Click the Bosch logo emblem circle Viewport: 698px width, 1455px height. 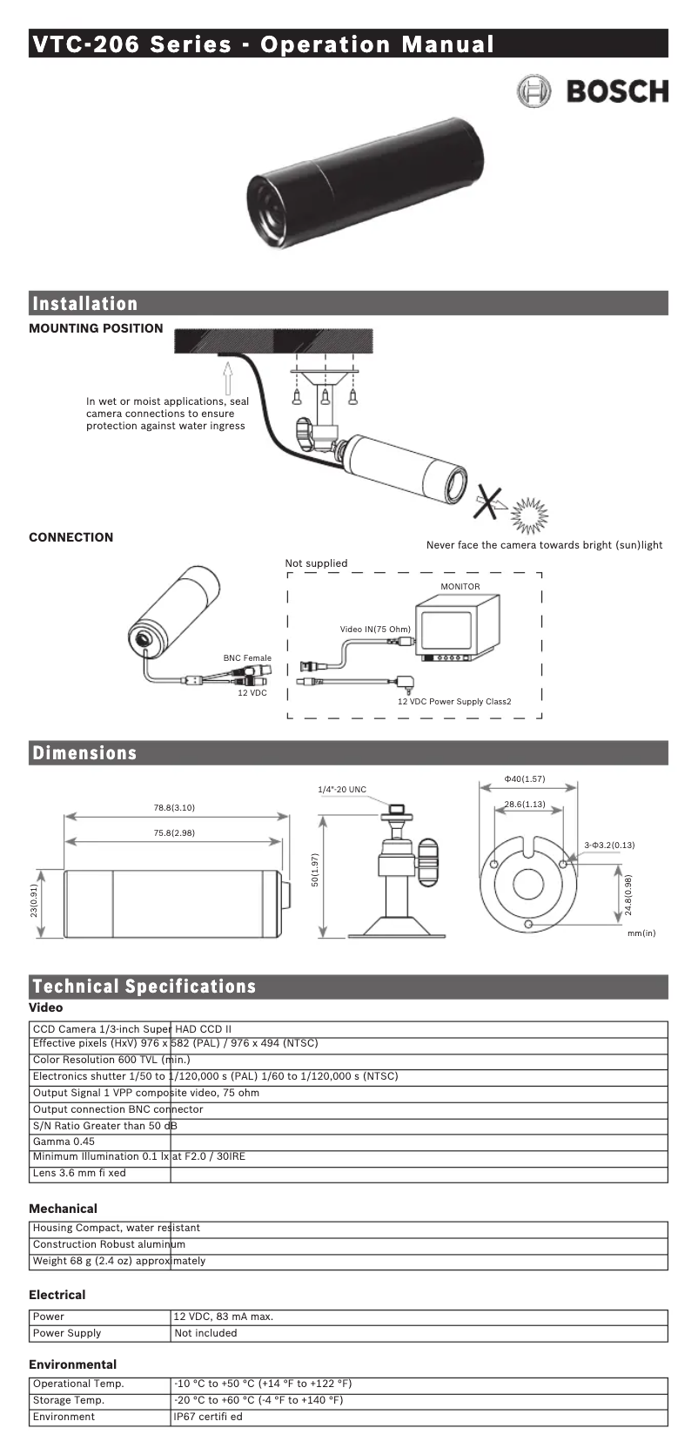(534, 91)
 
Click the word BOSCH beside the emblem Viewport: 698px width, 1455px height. (617, 91)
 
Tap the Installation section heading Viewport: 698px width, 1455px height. (85, 304)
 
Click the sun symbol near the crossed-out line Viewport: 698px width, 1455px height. (529, 516)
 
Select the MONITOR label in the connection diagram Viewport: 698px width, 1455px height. (460, 587)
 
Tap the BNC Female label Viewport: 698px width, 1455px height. (247, 658)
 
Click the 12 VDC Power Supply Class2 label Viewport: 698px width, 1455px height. (454, 702)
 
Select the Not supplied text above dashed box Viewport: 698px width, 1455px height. (316, 563)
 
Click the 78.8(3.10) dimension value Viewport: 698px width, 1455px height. (174, 808)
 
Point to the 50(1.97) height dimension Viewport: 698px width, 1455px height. (315, 870)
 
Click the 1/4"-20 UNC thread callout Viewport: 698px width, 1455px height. (342, 790)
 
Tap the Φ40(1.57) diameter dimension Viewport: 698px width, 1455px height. (525, 779)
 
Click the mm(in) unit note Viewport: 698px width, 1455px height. (641, 933)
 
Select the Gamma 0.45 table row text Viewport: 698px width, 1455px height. (64, 1142)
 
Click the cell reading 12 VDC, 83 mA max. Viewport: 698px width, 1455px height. (224, 1317)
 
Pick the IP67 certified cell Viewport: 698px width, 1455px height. (208, 1417)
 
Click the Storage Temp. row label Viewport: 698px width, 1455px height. (69, 1400)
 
